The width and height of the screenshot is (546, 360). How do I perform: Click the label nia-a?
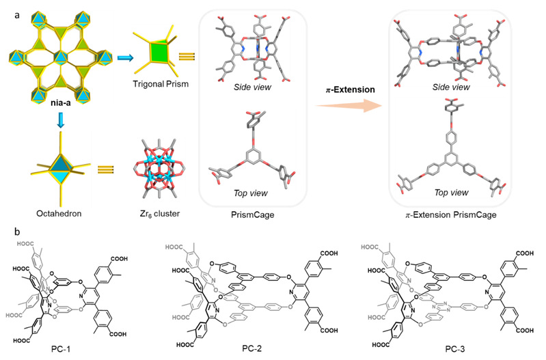(x=61, y=102)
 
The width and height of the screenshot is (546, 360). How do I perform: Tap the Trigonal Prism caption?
(x=161, y=84)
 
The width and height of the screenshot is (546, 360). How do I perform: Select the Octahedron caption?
(x=59, y=213)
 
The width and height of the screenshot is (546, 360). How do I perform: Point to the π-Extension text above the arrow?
(x=351, y=89)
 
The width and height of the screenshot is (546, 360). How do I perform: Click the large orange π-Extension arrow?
(x=349, y=105)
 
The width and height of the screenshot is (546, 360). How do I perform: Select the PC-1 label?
(x=61, y=348)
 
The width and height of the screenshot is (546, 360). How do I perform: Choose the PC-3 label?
(x=454, y=348)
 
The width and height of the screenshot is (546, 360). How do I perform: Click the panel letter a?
(x=17, y=15)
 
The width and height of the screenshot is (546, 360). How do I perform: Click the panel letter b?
(x=17, y=231)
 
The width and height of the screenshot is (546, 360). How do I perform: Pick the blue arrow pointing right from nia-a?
(x=125, y=57)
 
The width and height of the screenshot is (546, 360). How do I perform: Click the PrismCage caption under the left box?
(x=252, y=214)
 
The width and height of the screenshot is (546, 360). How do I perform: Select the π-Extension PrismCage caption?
(x=451, y=214)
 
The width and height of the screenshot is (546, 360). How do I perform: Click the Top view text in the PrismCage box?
(x=251, y=193)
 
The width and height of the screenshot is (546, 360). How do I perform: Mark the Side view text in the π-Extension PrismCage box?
(x=451, y=87)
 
